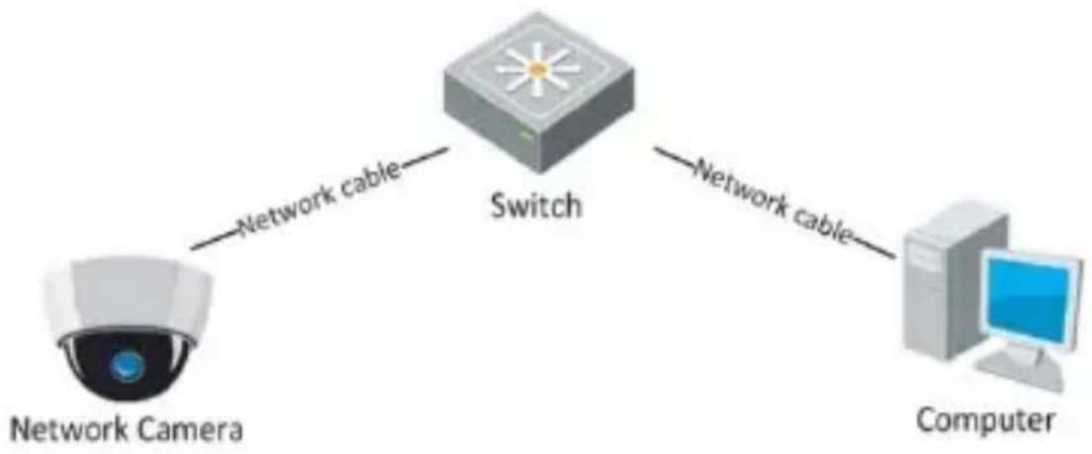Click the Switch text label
[535, 206]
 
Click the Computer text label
[985, 421]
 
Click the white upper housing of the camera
[128, 294]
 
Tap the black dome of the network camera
[127, 367]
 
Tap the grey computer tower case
[951, 280]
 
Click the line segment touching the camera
[214, 239]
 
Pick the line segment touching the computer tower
[873, 248]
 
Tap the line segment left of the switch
[424, 157]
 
